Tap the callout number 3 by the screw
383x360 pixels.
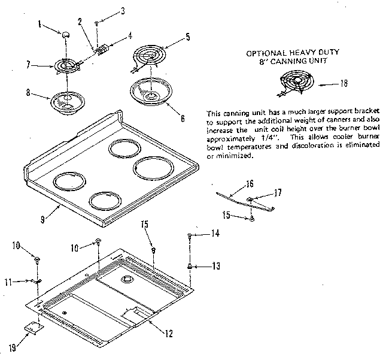[123, 10]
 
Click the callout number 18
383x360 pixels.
[344, 83]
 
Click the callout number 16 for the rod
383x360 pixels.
[250, 183]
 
